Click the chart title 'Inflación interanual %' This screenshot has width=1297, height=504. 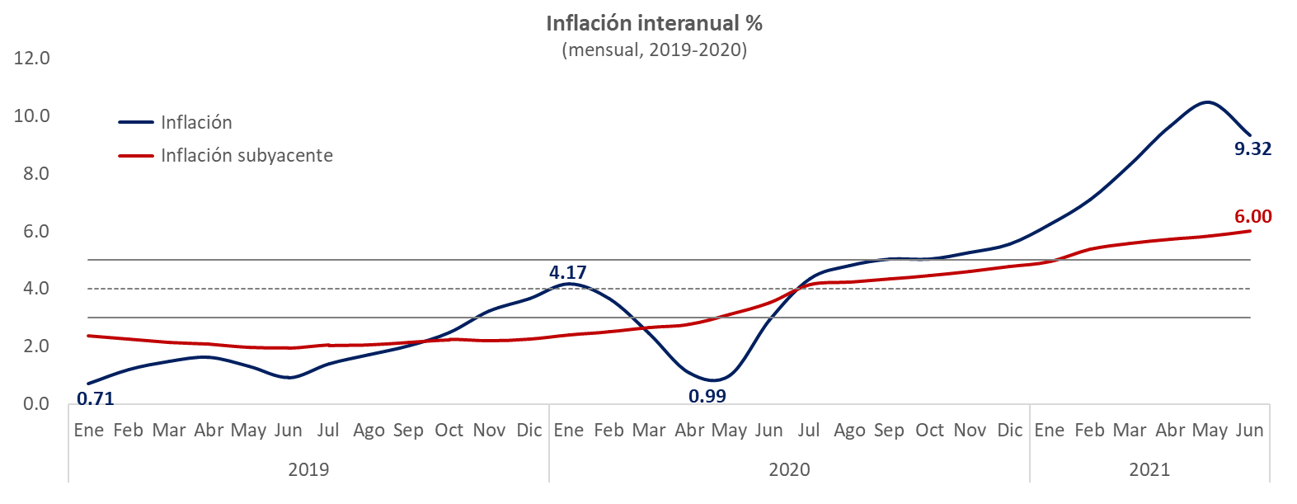[654, 23]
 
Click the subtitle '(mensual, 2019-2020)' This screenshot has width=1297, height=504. [654, 49]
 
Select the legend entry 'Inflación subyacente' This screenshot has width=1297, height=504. [247, 155]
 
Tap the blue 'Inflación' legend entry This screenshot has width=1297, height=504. [196, 122]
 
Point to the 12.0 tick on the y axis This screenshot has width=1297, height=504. [31, 58]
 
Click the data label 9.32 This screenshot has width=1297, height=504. [1252, 148]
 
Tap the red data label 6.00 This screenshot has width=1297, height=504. [1252, 216]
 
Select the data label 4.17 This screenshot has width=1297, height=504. [568, 272]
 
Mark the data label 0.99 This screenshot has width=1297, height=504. [707, 396]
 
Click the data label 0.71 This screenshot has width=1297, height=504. [95, 399]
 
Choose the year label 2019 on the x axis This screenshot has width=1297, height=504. [308, 469]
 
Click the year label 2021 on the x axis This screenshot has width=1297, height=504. [1149, 469]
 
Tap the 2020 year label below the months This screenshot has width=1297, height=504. [789, 469]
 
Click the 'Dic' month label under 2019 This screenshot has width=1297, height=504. [529, 430]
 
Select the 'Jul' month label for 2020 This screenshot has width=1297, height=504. [809, 430]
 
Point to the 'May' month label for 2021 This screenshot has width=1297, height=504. [1210, 430]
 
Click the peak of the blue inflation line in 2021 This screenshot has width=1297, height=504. [1206, 102]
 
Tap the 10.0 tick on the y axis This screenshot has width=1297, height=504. [31, 115]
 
